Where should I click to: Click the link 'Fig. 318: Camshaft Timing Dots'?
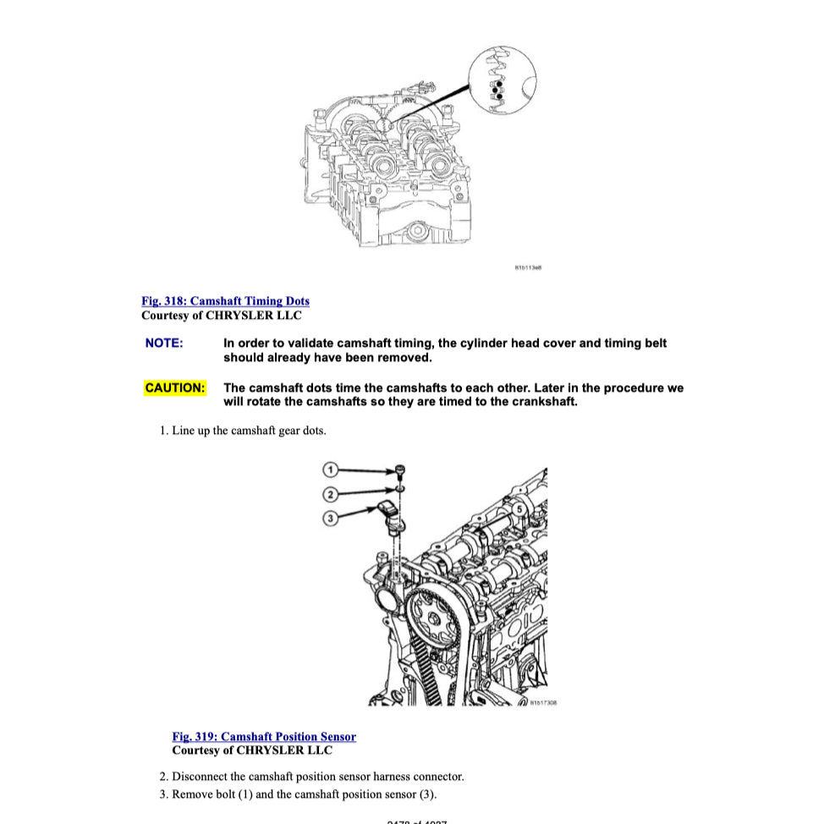(225, 301)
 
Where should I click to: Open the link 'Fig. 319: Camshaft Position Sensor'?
(264, 737)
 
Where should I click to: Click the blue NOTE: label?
(164, 343)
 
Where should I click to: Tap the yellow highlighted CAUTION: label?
(175, 388)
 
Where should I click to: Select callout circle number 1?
(331, 469)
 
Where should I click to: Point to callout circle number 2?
(331, 493)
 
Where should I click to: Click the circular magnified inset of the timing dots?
(503, 80)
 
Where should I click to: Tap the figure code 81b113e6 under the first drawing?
(528, 268)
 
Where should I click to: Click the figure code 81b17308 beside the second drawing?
(543, 701)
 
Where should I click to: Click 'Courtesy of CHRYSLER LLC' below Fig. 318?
(221, 316)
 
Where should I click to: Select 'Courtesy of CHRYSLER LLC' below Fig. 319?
(252, 750)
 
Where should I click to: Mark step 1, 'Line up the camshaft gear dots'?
(243, 431)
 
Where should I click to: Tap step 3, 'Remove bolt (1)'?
(298, 794)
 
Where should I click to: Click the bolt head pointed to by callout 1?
(400, 470)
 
